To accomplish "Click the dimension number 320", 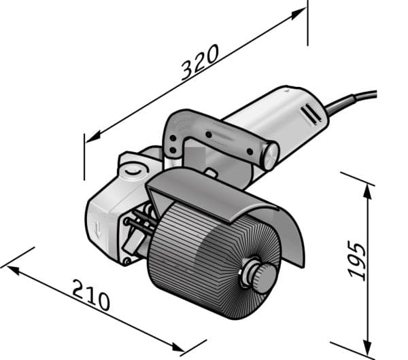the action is tap(200, 62).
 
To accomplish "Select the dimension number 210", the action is tap(91, 295).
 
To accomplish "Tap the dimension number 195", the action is tap(357, 261).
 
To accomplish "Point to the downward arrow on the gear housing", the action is tap(98, 230).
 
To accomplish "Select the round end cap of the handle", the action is tap(270, 156).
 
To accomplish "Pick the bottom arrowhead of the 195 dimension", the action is tap(367, 345).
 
